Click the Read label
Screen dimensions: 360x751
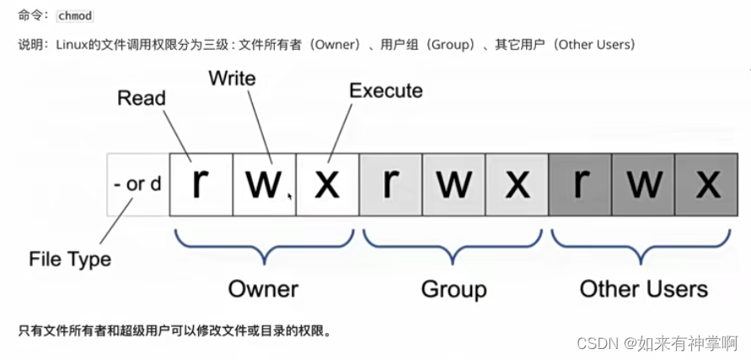pyautogui.click(x=142, y=99)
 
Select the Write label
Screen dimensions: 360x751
pyautogui.click(x=232, y=78)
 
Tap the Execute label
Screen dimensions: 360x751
pyautogui.click(x=385, y=90)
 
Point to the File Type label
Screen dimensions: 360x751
pyautogui.click(x=70, y=259)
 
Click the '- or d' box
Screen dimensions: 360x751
pyautogui.click(x=137, y=184)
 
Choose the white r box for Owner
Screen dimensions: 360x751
pyautogui.click(x=201, y=184)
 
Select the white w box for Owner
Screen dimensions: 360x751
pyautogui.click(x=264, y=184)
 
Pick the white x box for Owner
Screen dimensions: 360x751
pyautogui.click(x=327, y=184)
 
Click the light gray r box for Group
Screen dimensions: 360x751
pyautogui.click(x=390, y=184)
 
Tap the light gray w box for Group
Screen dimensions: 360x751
pyautogui.click(x=453, y=184)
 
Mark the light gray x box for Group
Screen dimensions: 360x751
pyautogui.click(x=517, y=184)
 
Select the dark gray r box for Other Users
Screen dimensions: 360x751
pyautogui.click(x=580, y=184)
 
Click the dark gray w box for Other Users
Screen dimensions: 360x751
pyautogui.click(x=644, y=184)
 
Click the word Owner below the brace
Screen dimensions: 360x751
pyautogui.click(x=263, y=289)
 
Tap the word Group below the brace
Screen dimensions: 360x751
pyautogui.click(x=453, y=289)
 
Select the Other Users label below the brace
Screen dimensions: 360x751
pyautogui.click(x=643, y=289)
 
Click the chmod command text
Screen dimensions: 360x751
pyautogui.click(x=74, y=16)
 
